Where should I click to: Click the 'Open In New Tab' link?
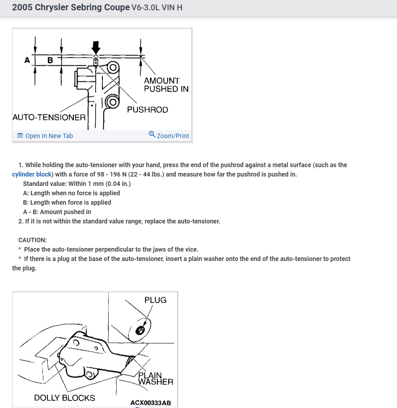tap(49, 136)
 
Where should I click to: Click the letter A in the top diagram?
tap(27, 60)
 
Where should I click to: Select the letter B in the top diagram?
tap(50, 60)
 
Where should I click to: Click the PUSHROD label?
tap(148, 110)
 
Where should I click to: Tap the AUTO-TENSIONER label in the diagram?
tap(49, 118)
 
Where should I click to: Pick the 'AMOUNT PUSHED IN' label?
tap(166, 85)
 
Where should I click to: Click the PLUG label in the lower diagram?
tap(155, 300)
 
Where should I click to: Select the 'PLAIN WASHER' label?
tap(155, 379)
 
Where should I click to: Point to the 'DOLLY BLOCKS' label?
tap(64, 398)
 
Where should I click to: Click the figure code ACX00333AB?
tap(151, 403)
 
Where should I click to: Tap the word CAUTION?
tap(33, 240)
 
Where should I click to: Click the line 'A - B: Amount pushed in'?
tap(57, 212)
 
